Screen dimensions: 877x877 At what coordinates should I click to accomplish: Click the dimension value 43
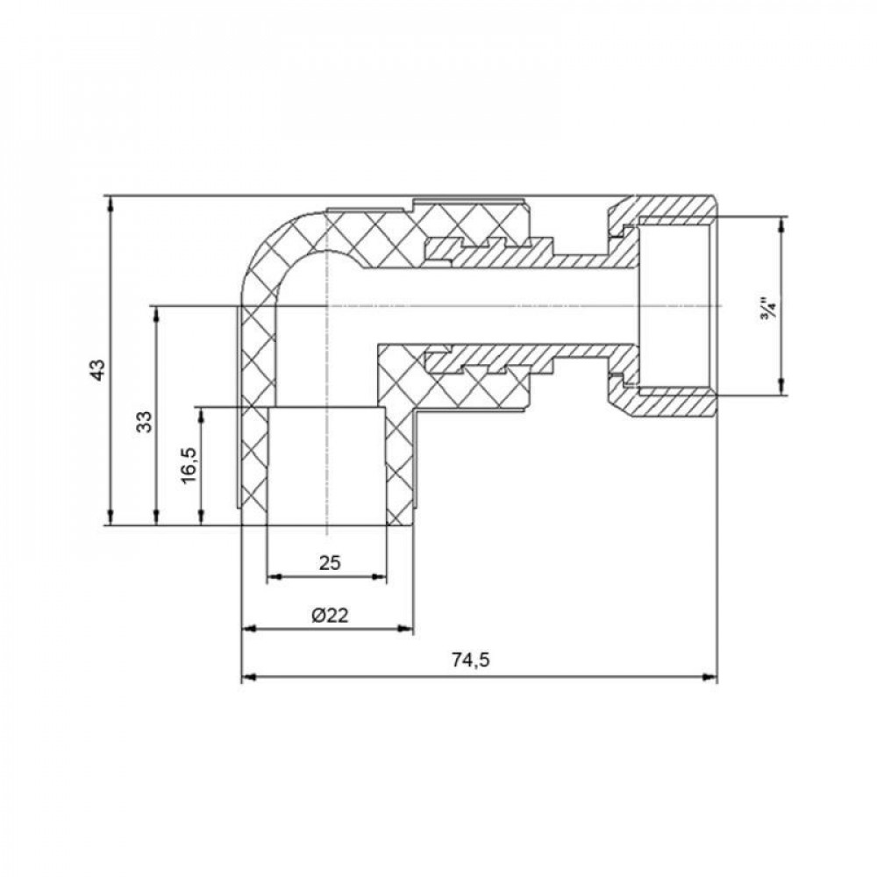(x=100, y=369)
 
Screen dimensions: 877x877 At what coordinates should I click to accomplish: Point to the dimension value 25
(x=329, y=563)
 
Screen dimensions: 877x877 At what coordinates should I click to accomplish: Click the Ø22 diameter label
(x=330, y=616)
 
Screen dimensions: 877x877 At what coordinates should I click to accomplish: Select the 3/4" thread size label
(x=768, y=310)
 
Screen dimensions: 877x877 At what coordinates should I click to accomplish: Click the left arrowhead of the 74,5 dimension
(x=248, y=677)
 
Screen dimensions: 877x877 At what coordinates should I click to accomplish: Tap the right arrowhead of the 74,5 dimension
(x=710, y=677)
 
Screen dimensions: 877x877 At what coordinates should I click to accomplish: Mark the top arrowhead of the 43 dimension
(x=111, y=203)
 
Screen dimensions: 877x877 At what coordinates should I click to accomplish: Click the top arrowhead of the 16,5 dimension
(x=203, y=414)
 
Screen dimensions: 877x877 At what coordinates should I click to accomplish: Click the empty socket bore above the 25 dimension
(x=324, y=465)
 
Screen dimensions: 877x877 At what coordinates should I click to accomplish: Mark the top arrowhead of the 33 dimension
(x=156, y=313)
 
